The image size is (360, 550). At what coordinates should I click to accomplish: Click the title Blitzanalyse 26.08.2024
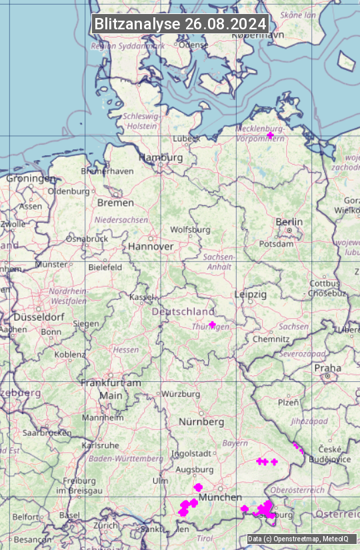pyautogui.click(x=180, y=24)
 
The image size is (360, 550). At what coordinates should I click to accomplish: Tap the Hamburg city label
pyautogui.click(x=160, y=157)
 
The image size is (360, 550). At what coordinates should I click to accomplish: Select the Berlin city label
pyautogui.click(x=289, y=222)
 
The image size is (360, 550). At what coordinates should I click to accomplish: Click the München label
pyautogui.click(x=219, y=497)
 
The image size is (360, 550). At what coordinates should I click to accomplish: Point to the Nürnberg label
pyautogui.click(x=201, y=422)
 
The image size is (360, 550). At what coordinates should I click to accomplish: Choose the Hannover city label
pyautogui.click(x=151, y=246)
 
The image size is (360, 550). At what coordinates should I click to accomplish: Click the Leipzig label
pyautogui.click(x=251, y=294)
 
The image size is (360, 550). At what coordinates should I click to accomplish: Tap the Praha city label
pyautogui.click(x=327, y=368)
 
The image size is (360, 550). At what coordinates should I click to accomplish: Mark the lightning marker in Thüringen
pyautogui.click(x=212, y=325)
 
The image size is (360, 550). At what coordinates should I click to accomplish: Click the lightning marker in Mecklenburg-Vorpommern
pyautogui.click(x=270, y=135)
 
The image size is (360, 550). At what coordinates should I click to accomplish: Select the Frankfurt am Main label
pyautogui.click(x=111, y=389)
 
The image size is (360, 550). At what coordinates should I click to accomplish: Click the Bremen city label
pyautogui.click(x=115, y=203)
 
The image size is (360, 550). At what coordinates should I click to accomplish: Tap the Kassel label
pyautogui.click(x=142, y=297)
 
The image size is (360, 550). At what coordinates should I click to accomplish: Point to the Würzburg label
pyautogui.click(x=181, y=394)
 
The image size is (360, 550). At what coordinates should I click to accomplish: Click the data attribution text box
pyautogui.click(x=301, y=539)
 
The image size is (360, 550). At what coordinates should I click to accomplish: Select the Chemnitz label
pyautogui.click(x=271, y=339)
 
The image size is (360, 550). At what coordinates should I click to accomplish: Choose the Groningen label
pyautogui.click(x=31, y=179)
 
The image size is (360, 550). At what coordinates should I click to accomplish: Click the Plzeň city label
pyautogui.click(x=288, y=402)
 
